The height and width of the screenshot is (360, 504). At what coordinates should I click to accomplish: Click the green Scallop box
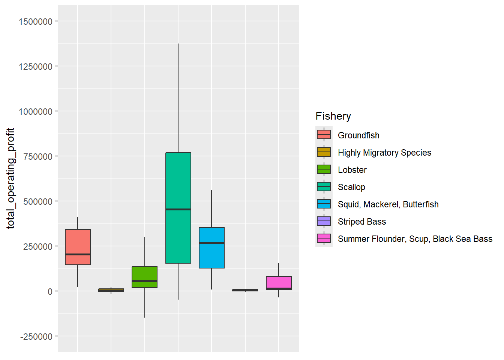coord(178,180)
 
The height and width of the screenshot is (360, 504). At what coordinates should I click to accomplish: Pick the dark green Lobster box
coord(144,274)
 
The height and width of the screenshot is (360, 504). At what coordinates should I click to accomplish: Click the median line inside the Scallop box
coord(178,209)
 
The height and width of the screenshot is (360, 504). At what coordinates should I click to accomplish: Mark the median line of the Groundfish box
coord(78,254)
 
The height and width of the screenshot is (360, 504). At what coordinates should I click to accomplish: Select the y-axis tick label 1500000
coord(36,22)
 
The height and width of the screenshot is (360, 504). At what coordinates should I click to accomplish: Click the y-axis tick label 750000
coord(38,157)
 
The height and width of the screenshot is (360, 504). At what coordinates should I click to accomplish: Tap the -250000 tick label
coord(36,337)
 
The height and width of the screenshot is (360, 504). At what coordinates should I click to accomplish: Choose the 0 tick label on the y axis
coord(50,292)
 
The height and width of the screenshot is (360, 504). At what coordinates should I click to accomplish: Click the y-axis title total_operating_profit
coord(10,178)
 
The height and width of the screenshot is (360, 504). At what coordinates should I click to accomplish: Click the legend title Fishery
coord(333,116)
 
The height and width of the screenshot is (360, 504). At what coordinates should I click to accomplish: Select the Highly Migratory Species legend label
coord(384,153)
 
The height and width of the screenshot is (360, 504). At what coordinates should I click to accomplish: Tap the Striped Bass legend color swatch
coord(324,221)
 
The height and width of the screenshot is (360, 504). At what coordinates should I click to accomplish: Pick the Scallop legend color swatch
coord(324,187)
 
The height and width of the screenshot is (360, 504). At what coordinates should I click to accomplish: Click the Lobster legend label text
coord(352,170)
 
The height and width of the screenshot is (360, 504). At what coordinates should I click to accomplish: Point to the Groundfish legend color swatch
coord(324,135)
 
